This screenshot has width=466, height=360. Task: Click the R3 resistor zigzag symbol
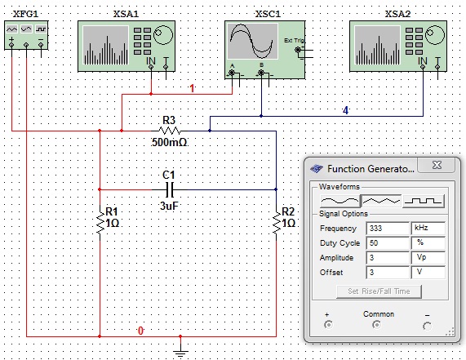170,131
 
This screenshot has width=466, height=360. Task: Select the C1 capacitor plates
170,189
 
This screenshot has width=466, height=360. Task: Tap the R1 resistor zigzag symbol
100,224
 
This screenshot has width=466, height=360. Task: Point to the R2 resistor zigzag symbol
277,224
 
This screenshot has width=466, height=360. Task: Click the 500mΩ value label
170,142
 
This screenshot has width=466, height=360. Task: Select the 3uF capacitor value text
169,206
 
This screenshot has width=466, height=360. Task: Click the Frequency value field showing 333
388,229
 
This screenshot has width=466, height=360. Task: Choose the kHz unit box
428,229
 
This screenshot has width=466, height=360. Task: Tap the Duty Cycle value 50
388,243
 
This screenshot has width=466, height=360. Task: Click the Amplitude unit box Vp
428,257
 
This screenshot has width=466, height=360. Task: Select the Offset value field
388,273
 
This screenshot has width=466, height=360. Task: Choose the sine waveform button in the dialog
340,202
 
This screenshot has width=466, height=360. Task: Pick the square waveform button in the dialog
424,202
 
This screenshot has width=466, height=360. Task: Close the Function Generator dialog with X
437,165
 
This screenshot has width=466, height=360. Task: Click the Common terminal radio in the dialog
376,325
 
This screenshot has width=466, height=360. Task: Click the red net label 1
193,88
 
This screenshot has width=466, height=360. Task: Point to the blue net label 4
345,110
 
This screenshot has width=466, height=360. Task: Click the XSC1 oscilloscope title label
268,14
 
